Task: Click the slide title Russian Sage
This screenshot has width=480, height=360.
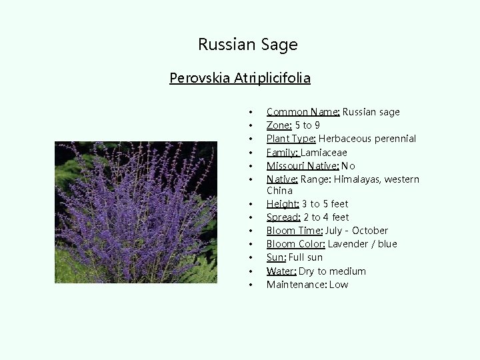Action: pyautogui.click(x=247, y=45)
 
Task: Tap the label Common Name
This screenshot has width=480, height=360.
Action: pyautogui.click(x=303, y=112)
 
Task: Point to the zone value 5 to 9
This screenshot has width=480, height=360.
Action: pyautogui.click(x=307, y=125)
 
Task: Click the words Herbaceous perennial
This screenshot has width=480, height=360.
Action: pyautogui.click(x=367, y=139)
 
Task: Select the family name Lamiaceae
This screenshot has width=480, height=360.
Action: pyautogui.click(x=324, y=152)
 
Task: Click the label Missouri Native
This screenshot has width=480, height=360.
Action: pyautogui.click(x=303, y=166)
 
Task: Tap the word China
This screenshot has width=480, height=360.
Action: pyautogui.click(x=279, y=191)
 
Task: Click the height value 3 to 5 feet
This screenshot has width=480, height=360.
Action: pyautogui.click(x=325, y=204)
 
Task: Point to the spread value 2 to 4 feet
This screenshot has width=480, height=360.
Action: pyautogui.click(x=326, y=217)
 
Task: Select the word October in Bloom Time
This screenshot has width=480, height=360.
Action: pyautogui.click(x=370, y=231)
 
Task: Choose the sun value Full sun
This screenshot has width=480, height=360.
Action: pyautogui.click(x=305, y=257)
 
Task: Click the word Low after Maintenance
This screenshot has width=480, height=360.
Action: pyautogui.click(x=338, y=285)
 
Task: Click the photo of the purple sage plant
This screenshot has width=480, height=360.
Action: pyautogui.click(x=136, y=212)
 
